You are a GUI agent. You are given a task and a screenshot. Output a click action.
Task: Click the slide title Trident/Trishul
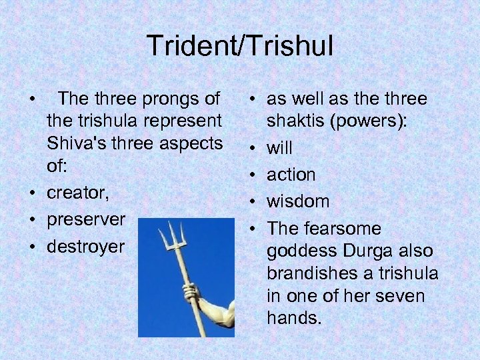pos(240,46)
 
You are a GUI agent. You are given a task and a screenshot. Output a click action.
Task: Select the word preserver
pos(85,219)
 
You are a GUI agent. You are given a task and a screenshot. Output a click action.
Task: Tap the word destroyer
pos(85,247)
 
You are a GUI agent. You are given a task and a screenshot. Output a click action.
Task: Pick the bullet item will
pos(279,147)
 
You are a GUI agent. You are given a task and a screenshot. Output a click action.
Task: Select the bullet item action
pos(291,175)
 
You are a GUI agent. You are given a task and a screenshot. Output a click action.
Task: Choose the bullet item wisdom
pos(298,201)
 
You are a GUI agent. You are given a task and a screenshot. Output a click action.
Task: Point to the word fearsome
pos(342,229)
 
